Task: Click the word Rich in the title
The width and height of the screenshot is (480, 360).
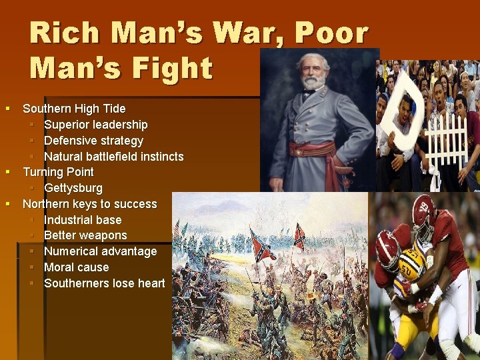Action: coord(65,33)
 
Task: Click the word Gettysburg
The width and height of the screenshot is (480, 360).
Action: coord(73,188)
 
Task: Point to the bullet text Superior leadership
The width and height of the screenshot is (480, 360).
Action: coord(95,125)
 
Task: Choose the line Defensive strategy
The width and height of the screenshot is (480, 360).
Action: coord(93,141)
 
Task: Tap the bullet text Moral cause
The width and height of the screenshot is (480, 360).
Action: coord(76,267)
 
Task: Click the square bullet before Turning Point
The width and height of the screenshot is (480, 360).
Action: coord(8,172)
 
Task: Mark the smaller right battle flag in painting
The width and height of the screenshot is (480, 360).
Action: coord(299,235)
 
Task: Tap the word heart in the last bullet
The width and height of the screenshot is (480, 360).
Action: coord(151,283)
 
